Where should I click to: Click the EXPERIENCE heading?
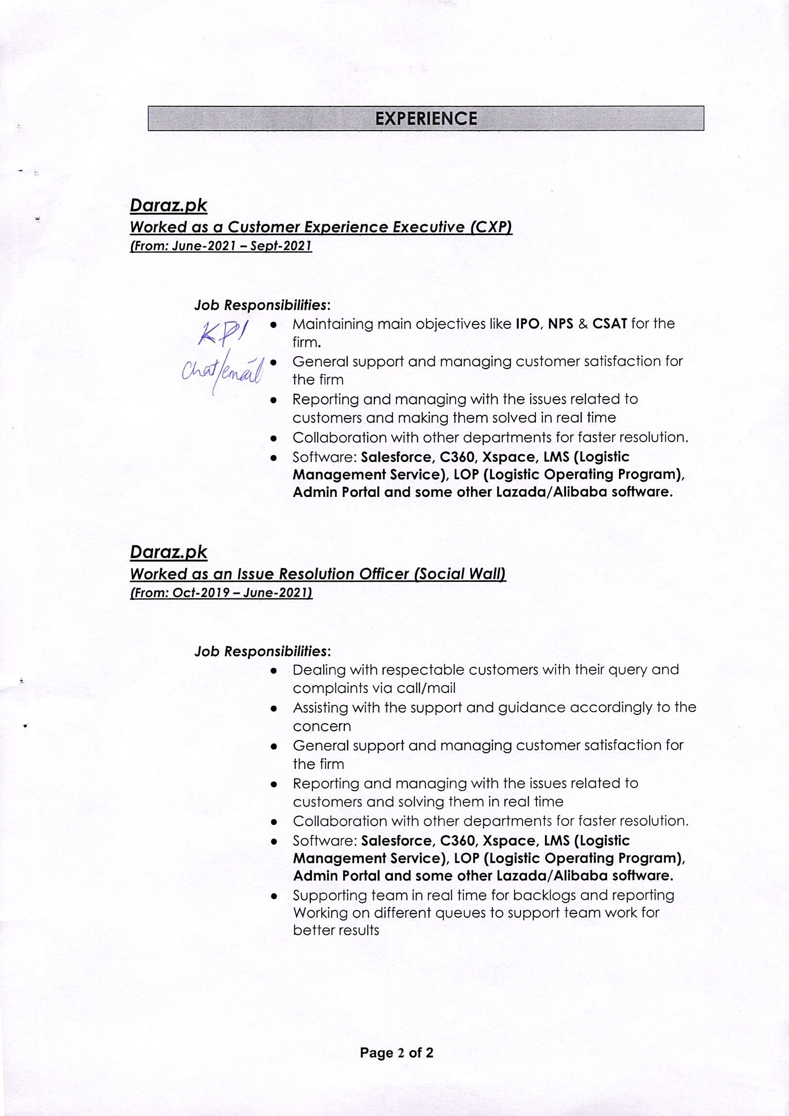pyautogui.click(x=426, y=118)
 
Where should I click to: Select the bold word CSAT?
pyautogui.click(x=609, y=324)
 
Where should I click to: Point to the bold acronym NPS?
pyautogui.click(x=560, y=324)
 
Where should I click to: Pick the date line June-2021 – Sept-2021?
pyautogui.click(x=221, y=246)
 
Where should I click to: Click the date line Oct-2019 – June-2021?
pyautogui.click(x=221, y=592)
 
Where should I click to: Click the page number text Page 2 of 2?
pyautogui.click(x=397, y=1053)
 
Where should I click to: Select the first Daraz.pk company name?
pyautogui.click(x=168, y=205)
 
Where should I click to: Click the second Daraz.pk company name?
pyautogui.click(x=168, y=552)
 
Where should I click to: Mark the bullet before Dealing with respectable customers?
pyautogui.click(x=274, y=671)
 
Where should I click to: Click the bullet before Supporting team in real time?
pyautogui.click(x=274, y=896)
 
